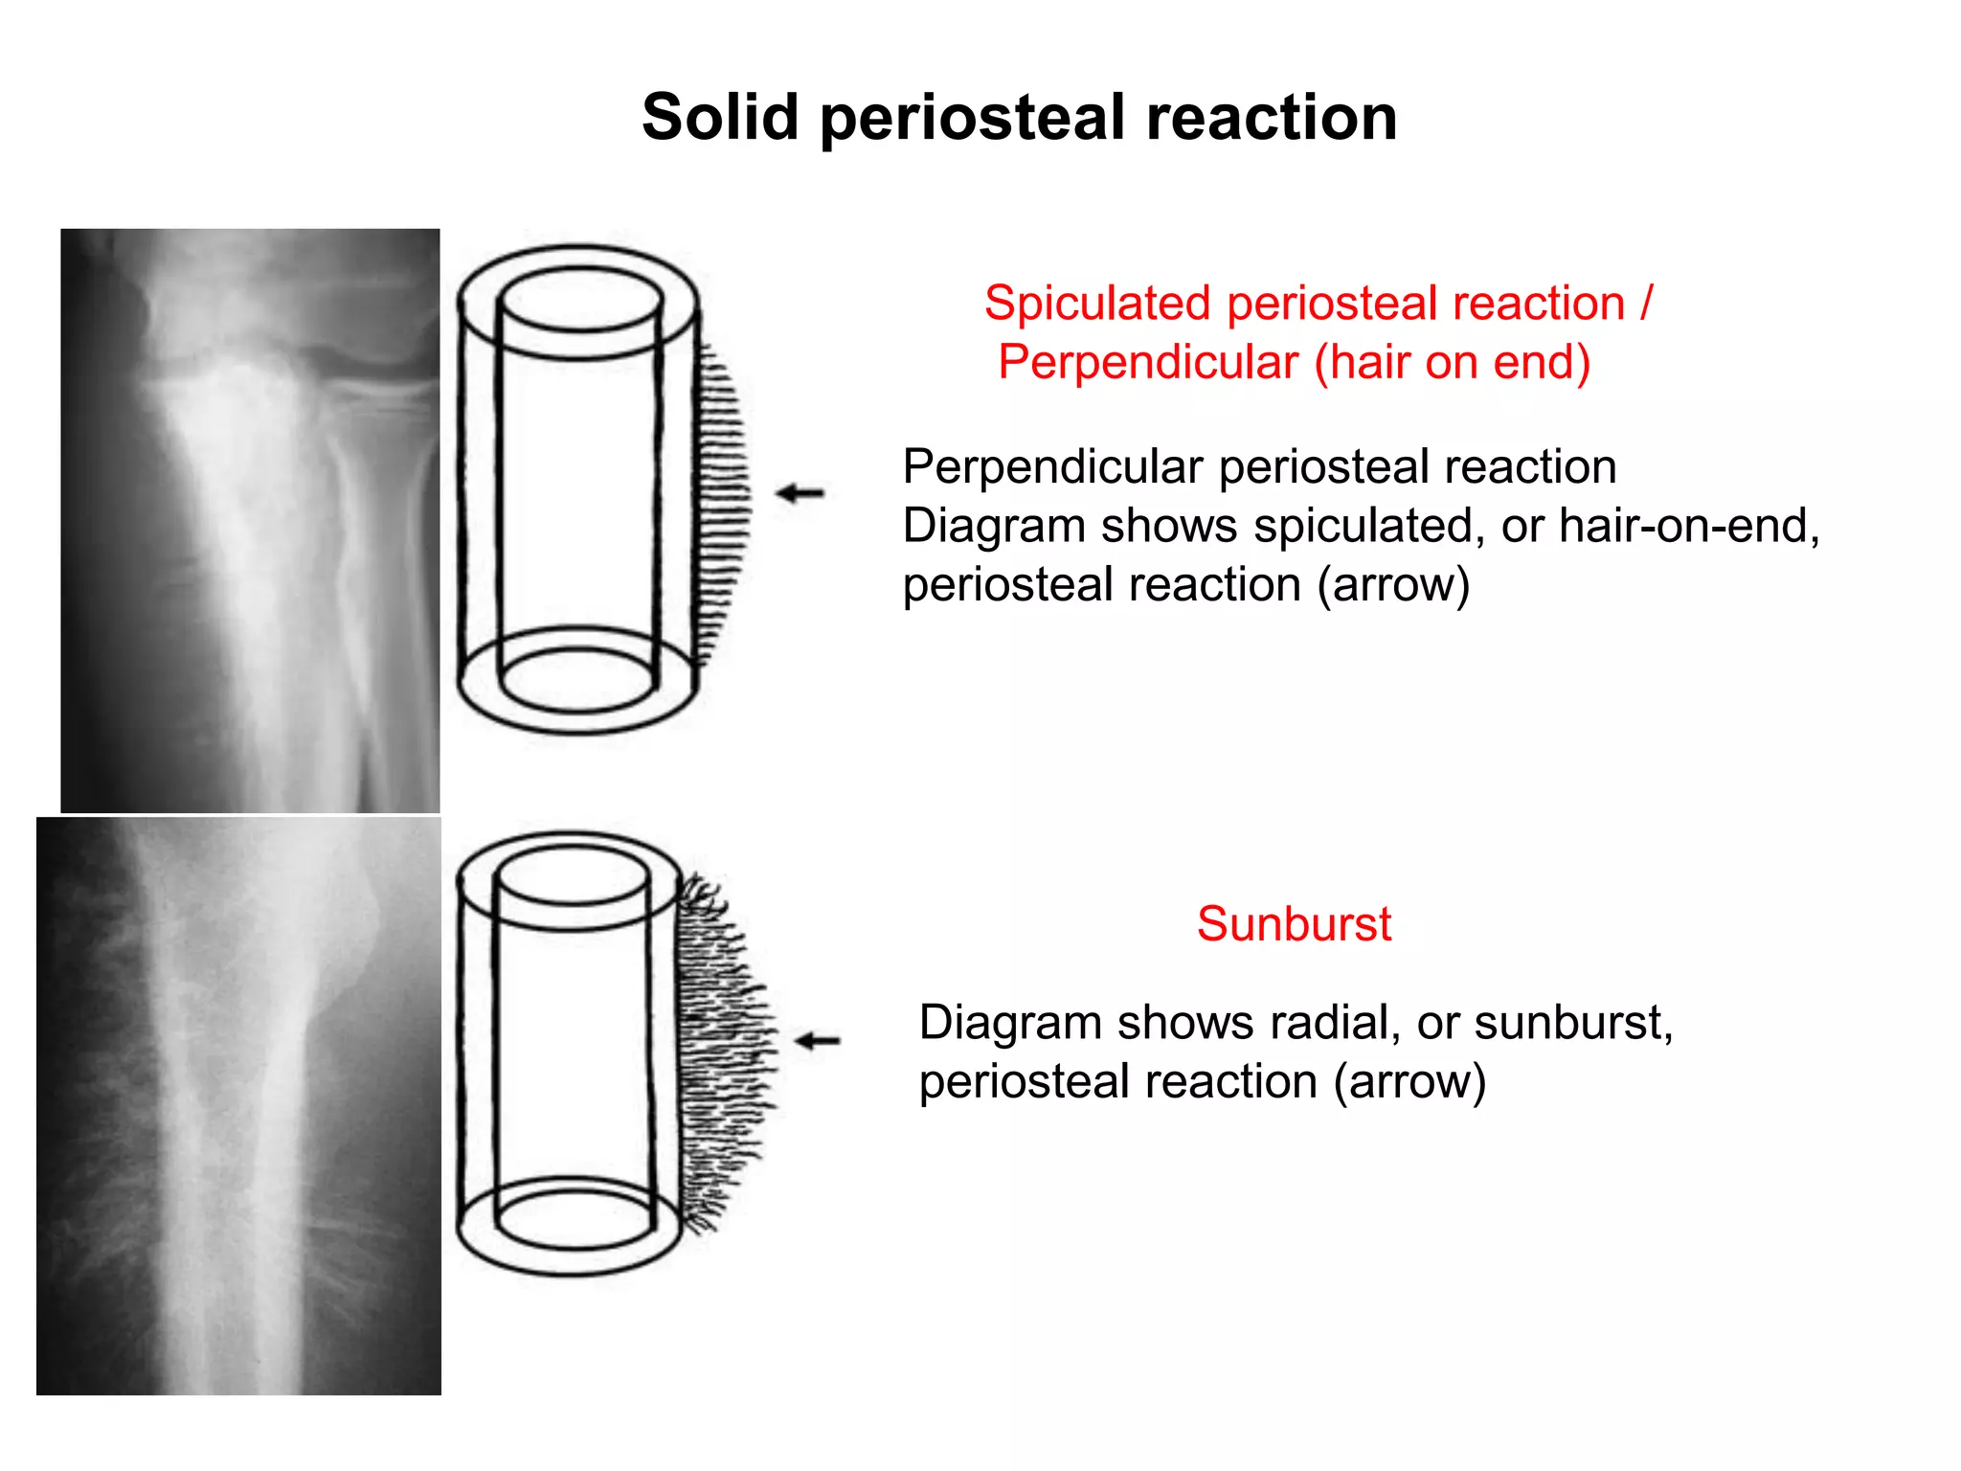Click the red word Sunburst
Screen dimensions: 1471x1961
(x=1294, y=924)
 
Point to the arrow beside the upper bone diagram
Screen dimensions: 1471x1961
(x=800, y=493)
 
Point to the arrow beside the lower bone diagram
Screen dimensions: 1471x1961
(x=818, y=1040)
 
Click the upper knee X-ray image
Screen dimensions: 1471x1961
(x=250, y=520)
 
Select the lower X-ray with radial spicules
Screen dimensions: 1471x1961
(x=238, y=1105)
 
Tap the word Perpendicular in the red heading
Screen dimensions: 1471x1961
(x=1148, y=363)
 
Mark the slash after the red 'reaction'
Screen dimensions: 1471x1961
(x=1646, y=304)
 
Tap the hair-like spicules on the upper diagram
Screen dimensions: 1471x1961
(x=723, y=498)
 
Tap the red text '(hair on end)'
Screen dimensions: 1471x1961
(x=1452, y=363)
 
